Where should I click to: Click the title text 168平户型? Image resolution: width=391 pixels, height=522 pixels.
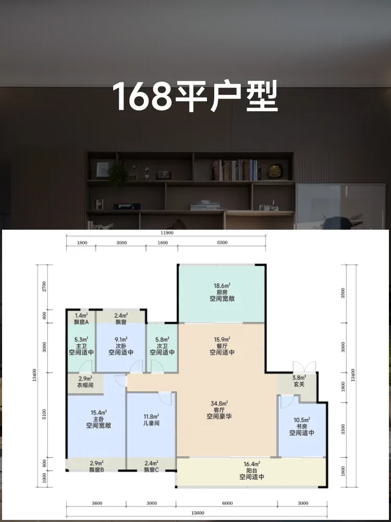coord(195,97)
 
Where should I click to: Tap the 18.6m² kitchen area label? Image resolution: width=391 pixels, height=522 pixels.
coord(222,286)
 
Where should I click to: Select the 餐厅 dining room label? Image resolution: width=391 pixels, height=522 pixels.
coord(222,346)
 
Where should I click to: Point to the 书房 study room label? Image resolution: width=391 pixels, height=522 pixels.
coord(301,426)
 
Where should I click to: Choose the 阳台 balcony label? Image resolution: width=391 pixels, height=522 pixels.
coord(252,470)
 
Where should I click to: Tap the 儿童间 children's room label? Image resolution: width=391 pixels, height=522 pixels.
coord(151,423)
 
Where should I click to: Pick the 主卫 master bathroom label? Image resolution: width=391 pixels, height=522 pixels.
coord(81,346)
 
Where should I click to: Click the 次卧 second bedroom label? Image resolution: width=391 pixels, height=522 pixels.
coord(121,346)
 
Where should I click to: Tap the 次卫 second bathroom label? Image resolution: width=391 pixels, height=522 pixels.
coord(162,346)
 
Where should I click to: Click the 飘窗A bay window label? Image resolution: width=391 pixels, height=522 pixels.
coord(81,322)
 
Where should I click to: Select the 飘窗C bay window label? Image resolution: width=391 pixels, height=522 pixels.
coord(151,470)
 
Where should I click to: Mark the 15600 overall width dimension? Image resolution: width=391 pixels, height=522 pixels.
coord(197,513)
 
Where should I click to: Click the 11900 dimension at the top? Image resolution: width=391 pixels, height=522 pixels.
coord(166,233)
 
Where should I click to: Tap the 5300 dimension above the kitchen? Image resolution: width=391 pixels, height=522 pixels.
coord(222,243)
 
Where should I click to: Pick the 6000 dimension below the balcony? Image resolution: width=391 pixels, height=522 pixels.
coord(227,503)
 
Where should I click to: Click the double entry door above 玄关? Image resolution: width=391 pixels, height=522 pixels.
coord(304,367)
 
